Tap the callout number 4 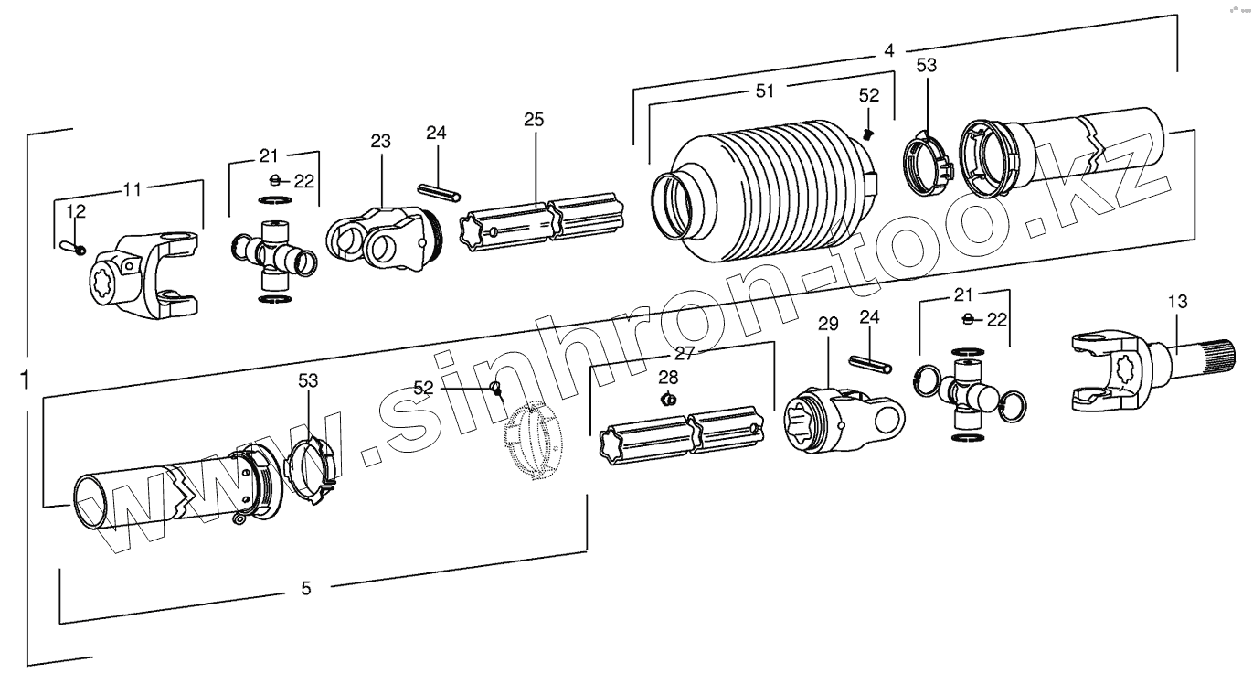[x=888, y=51]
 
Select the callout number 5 [x=306, y=588]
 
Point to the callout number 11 [x=133, y=191]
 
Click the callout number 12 [x=76, y=211]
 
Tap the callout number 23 [x=380, y=141]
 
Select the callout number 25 [x=534, y=119]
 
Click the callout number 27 [x=685, y=354]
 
